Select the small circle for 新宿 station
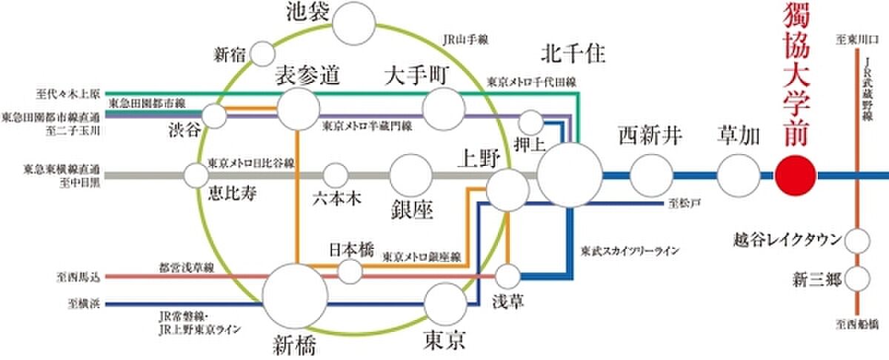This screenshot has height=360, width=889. [x=263, y=54]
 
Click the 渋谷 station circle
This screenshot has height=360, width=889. [x=215, y=116]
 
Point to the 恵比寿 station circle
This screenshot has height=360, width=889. [x=197, y=176]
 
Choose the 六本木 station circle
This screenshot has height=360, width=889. [x=336, y=176]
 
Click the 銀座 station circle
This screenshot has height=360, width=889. [x=411, y=176]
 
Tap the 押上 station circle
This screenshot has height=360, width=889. [x=531, y=122]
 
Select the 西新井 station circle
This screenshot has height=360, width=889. [x=650, y=176]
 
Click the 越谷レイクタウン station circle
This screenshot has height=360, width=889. [x=857, y=241]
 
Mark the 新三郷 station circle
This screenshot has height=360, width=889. [x=857, y=280]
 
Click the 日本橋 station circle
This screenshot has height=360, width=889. [x=350, y=271]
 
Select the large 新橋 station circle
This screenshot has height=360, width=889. [x=296, y=294]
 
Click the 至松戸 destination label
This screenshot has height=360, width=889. [x=679, y=201]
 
